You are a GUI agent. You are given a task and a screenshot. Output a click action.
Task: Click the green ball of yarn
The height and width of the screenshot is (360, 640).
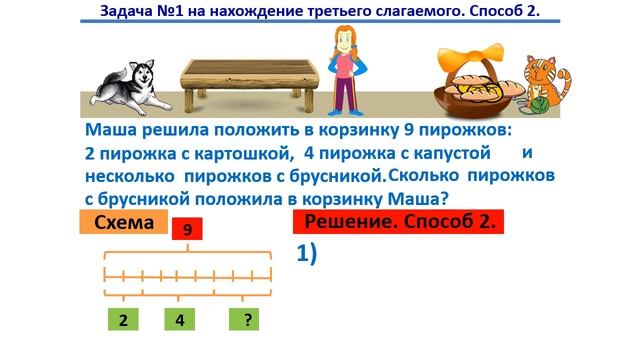(x=537, y=100)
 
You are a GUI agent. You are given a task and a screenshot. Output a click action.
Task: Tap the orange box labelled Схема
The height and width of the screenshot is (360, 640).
(x=123, y=223)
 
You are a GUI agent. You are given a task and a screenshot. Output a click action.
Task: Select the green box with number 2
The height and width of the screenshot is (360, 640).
(x=122, y=320)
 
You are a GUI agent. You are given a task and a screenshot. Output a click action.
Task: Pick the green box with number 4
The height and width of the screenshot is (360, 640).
(x=180, y=320)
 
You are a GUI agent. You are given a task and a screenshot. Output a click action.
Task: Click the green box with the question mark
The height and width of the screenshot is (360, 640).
(x=244, y=320)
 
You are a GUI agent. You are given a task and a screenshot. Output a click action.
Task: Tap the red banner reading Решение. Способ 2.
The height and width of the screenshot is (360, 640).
(x=399, y=222)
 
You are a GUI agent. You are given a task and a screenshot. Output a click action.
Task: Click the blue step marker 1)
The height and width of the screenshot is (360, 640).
(x=306, y=254)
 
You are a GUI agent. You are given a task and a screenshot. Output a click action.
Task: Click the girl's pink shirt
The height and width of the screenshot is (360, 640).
(x=344, y=65)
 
